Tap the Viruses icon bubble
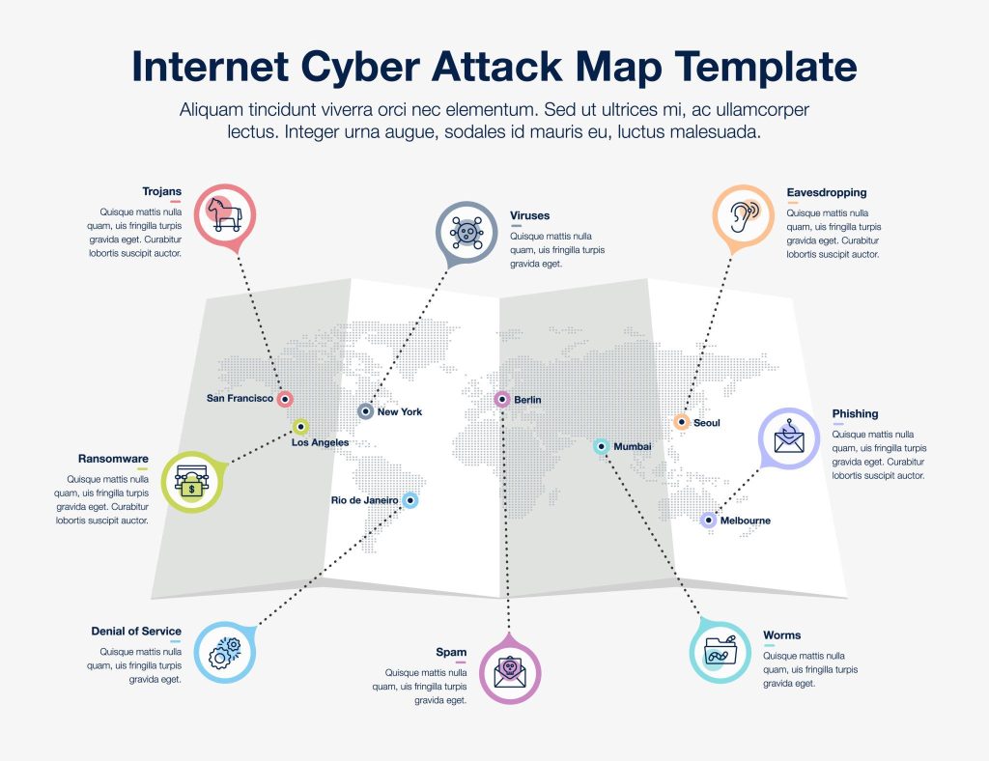click(467, 233)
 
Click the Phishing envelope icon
click(789, 438)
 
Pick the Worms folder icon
click(721, 650)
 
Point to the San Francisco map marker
click(285, 398)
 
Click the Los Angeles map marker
click(300, 426)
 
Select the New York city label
click(400, 412)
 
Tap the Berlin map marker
click(502, 399)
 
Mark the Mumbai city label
click(633, 447)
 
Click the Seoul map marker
click(681, 422)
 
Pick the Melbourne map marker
click(709, 521)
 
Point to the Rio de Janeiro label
click(364, 500)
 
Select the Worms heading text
click(781, 635)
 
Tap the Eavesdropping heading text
click(826, 192)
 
